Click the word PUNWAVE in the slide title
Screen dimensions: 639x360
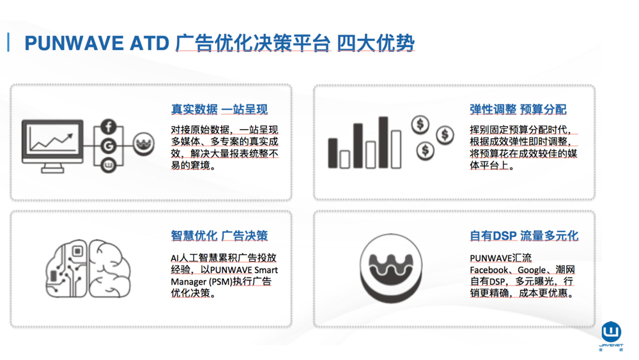(74, 43)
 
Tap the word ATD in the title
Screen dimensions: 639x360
(149, 43)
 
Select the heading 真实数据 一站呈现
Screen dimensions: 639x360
(219, 109)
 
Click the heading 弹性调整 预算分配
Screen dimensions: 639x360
(518, 109)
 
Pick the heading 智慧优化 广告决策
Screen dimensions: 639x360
(219, 236)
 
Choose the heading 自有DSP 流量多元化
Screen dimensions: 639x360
(524, 236)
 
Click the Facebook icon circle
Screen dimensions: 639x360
(109, 127)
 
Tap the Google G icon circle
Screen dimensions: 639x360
(109, 146)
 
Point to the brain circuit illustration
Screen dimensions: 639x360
(88, 269)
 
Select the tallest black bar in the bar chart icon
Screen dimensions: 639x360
(383, 143)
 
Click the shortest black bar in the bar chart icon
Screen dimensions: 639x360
(333, 153)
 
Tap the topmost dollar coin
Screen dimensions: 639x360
(420, 124)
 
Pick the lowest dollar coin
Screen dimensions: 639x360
(425, 150)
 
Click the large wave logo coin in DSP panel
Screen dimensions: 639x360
(391, 268)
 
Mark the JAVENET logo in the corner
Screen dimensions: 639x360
(612, 336)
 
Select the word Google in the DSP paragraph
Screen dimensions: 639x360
(532, 270)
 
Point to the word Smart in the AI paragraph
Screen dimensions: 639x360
(266, 270)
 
